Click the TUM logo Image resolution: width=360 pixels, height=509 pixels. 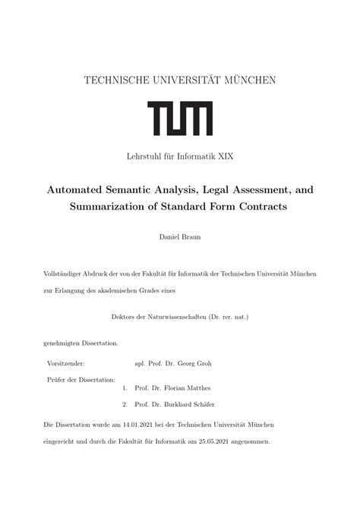pyautogui.click(x=180, y=119)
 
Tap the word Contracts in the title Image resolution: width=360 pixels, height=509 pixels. pyautogui.click(x=258, y=207)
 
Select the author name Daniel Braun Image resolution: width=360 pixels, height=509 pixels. pyautogui.click(x=179, y=237)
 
